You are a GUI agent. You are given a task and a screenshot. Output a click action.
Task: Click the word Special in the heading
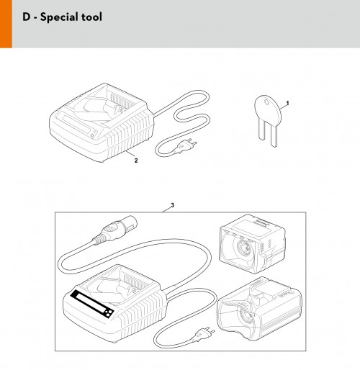(x=59, y=17)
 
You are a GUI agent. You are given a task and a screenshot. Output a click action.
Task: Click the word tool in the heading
(x=91, y=17)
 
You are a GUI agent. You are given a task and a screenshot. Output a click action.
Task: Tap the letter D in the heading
(x=27, y=17)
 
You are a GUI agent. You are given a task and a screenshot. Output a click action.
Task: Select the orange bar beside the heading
(x=6, y=24)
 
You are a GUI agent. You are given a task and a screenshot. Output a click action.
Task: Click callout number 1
(x=288, y=103)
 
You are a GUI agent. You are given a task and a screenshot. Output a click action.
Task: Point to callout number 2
(x=136, y=161)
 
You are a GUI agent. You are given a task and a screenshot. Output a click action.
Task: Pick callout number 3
(x=172, y=205)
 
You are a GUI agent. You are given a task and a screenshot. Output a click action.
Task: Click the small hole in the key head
(x=266, y=102)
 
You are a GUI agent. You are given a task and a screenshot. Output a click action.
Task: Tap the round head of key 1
(x=268, y=109)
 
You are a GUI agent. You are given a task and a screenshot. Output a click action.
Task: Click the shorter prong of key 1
(x=262, y=131)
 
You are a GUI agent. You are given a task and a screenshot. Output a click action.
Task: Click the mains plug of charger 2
(x=186, y=146)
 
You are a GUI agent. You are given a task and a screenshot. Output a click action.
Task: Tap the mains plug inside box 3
(x=203, y=334)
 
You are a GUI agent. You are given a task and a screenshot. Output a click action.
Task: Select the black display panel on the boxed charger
(x=92, y=304)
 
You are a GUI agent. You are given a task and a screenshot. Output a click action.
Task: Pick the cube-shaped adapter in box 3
(x=252, y=244)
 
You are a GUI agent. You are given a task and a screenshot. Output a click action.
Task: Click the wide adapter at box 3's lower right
(x=259, y=310)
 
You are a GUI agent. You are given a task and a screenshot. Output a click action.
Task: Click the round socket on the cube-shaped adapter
(x=243, y=248)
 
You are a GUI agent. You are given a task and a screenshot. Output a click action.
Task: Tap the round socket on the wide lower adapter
(x=247, y=318)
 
